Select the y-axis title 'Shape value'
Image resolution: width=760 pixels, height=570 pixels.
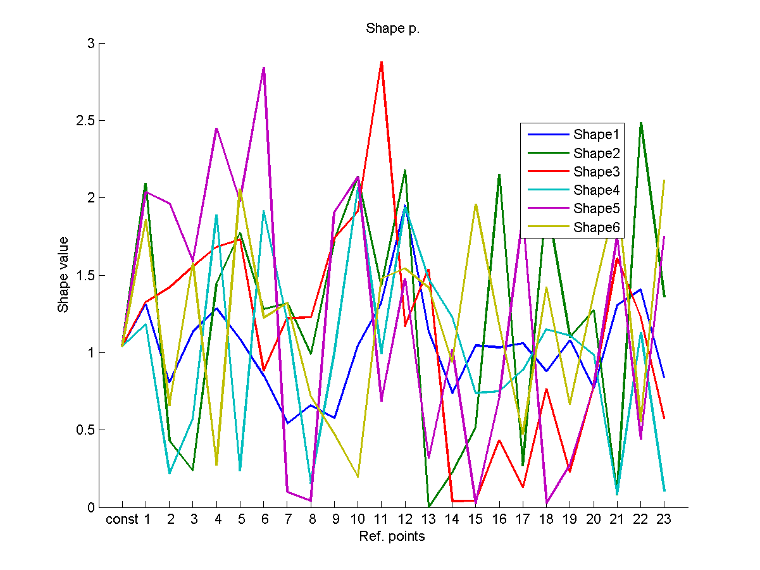click(63, 275)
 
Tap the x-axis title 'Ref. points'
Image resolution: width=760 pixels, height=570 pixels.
click(392, 537)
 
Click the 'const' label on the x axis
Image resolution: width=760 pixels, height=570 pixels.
click(122, 520)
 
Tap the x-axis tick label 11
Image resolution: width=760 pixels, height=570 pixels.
click(381, 520)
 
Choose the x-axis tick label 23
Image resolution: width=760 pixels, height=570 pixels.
click(664, 520)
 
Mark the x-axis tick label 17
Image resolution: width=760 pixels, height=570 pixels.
click(523, 520)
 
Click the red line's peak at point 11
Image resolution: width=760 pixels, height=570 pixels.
click(381, 62)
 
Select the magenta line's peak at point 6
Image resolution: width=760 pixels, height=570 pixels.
click(263, 68)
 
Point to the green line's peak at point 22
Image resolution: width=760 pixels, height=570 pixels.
click(640, 123)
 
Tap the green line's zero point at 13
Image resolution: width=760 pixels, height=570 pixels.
click(428, 507)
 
